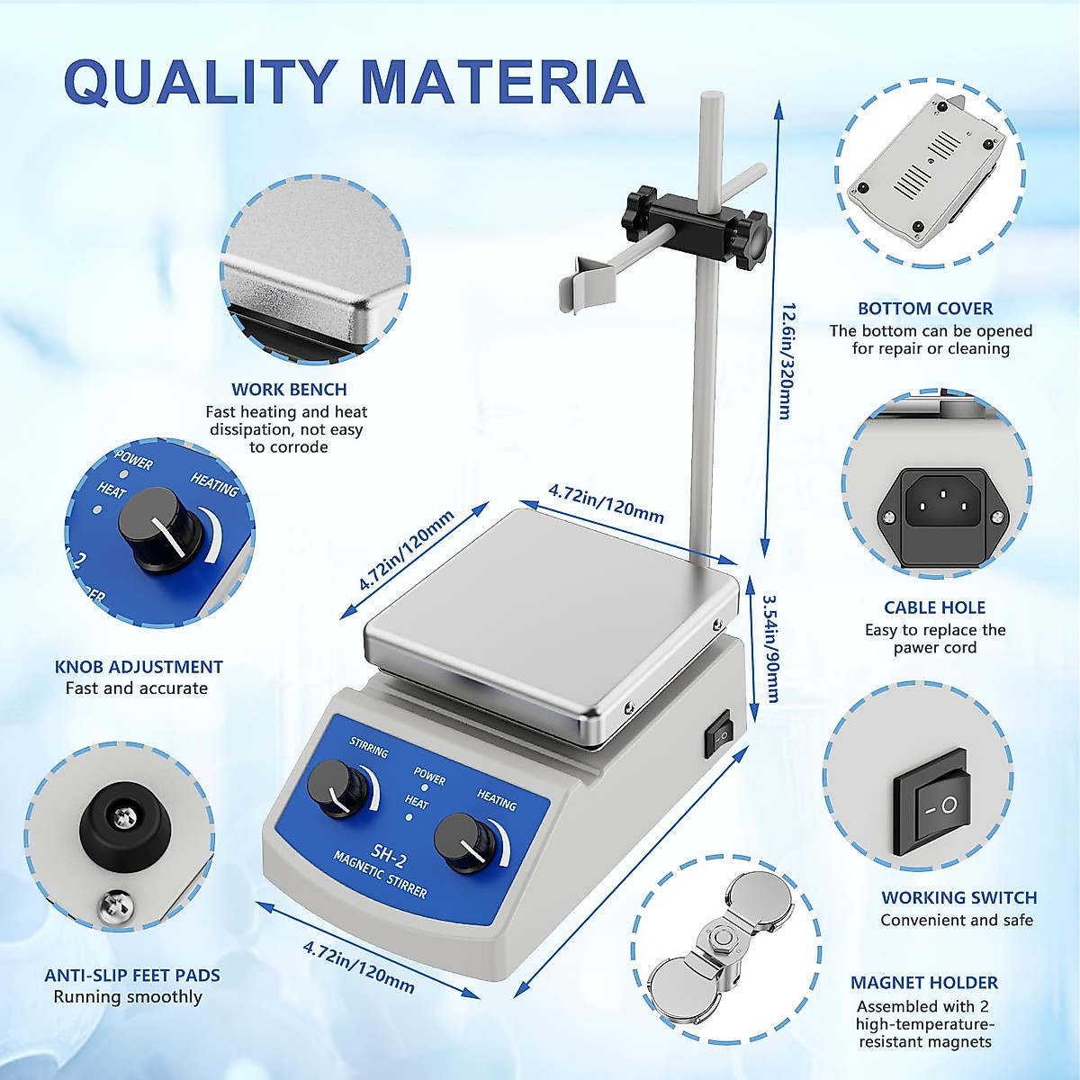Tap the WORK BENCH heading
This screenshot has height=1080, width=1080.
coord(289,390)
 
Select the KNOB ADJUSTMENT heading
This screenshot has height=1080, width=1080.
coord(139,667)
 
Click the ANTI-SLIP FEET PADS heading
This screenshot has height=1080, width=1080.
coord(132,976)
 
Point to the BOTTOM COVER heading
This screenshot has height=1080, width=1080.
coord(925,309)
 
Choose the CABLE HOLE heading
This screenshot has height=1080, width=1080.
coord(935,607)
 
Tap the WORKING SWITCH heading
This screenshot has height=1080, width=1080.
coord(958,897)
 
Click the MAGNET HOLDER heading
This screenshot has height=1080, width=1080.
coord(924,983)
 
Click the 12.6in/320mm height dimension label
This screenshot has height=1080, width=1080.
coord(786,362)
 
